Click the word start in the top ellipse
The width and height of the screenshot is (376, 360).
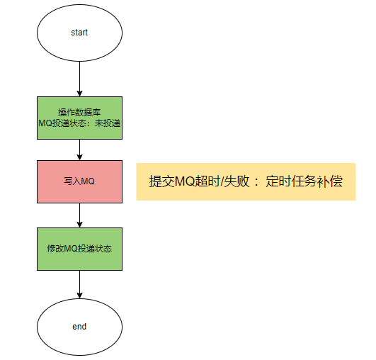[x=79, y=33]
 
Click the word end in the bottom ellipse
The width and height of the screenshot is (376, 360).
[x=79, y=327]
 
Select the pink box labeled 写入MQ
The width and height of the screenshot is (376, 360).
[x=79, y=181]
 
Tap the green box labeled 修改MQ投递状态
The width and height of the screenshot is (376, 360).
[x=79, y=249]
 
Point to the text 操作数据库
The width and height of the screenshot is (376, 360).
[x=79, y=112]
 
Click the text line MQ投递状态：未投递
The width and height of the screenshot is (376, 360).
[x=79, y=123]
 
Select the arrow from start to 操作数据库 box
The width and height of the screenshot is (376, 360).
[x=79, y=79]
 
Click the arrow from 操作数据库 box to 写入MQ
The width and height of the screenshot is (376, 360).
[x=79, y=150]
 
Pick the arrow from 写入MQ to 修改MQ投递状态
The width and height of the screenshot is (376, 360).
[x=79, y=215]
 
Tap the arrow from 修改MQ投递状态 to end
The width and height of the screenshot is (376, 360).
[x=79, y=284]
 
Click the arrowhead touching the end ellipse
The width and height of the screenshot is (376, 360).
[x=79, y=296]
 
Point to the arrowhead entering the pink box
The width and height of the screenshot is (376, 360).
[x=79, y=157]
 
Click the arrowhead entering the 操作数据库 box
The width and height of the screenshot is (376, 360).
[x=79, y=94]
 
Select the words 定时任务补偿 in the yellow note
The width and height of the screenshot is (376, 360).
[x=304, y=181]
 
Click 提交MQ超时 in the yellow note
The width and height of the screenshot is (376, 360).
[x=184, y=181]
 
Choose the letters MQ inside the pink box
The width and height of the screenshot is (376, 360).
[x=88, y=181]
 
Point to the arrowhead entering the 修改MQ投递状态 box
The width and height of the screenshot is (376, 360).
[x=79, y=225]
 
